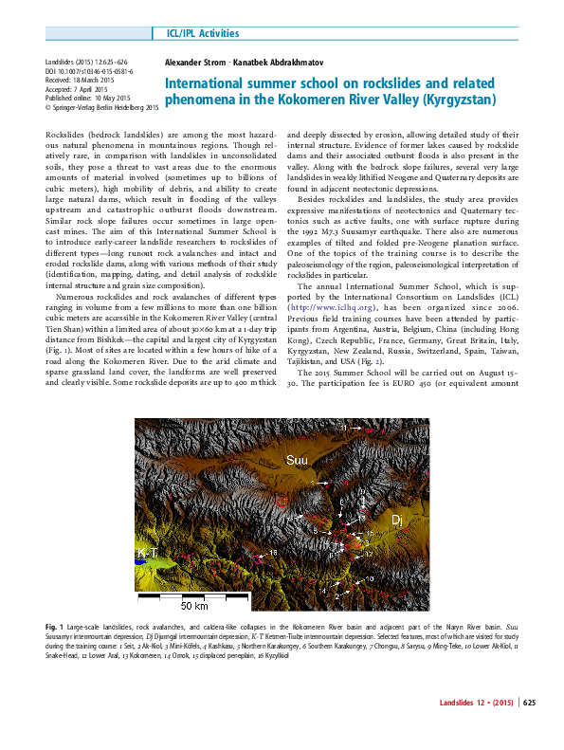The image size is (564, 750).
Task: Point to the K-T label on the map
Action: click(x=148, y=552)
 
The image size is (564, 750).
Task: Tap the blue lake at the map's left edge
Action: click(x=140, y=567)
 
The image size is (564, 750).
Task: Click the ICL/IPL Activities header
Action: click(x=203, y=34)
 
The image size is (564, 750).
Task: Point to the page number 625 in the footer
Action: click(x=529, y=729)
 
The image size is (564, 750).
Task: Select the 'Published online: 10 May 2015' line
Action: click(x=91, y=99)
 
